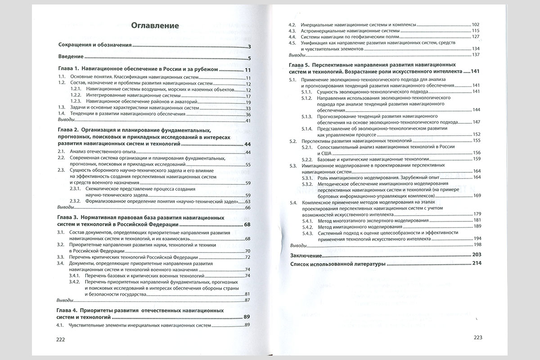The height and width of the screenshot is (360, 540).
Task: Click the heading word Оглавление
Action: (x=155, y=26)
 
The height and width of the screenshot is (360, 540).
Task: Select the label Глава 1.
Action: (x=69, y=70)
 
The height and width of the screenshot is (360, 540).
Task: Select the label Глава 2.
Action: (x=69, y=130)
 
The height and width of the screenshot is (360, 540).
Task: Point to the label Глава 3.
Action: (x=69, y=218)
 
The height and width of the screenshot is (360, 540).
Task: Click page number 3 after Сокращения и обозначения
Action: (x=249, y=46)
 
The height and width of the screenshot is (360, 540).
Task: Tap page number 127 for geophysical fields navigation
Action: (x=476, y=36)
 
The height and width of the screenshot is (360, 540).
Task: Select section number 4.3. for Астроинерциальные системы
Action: (x=292, y=30)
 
